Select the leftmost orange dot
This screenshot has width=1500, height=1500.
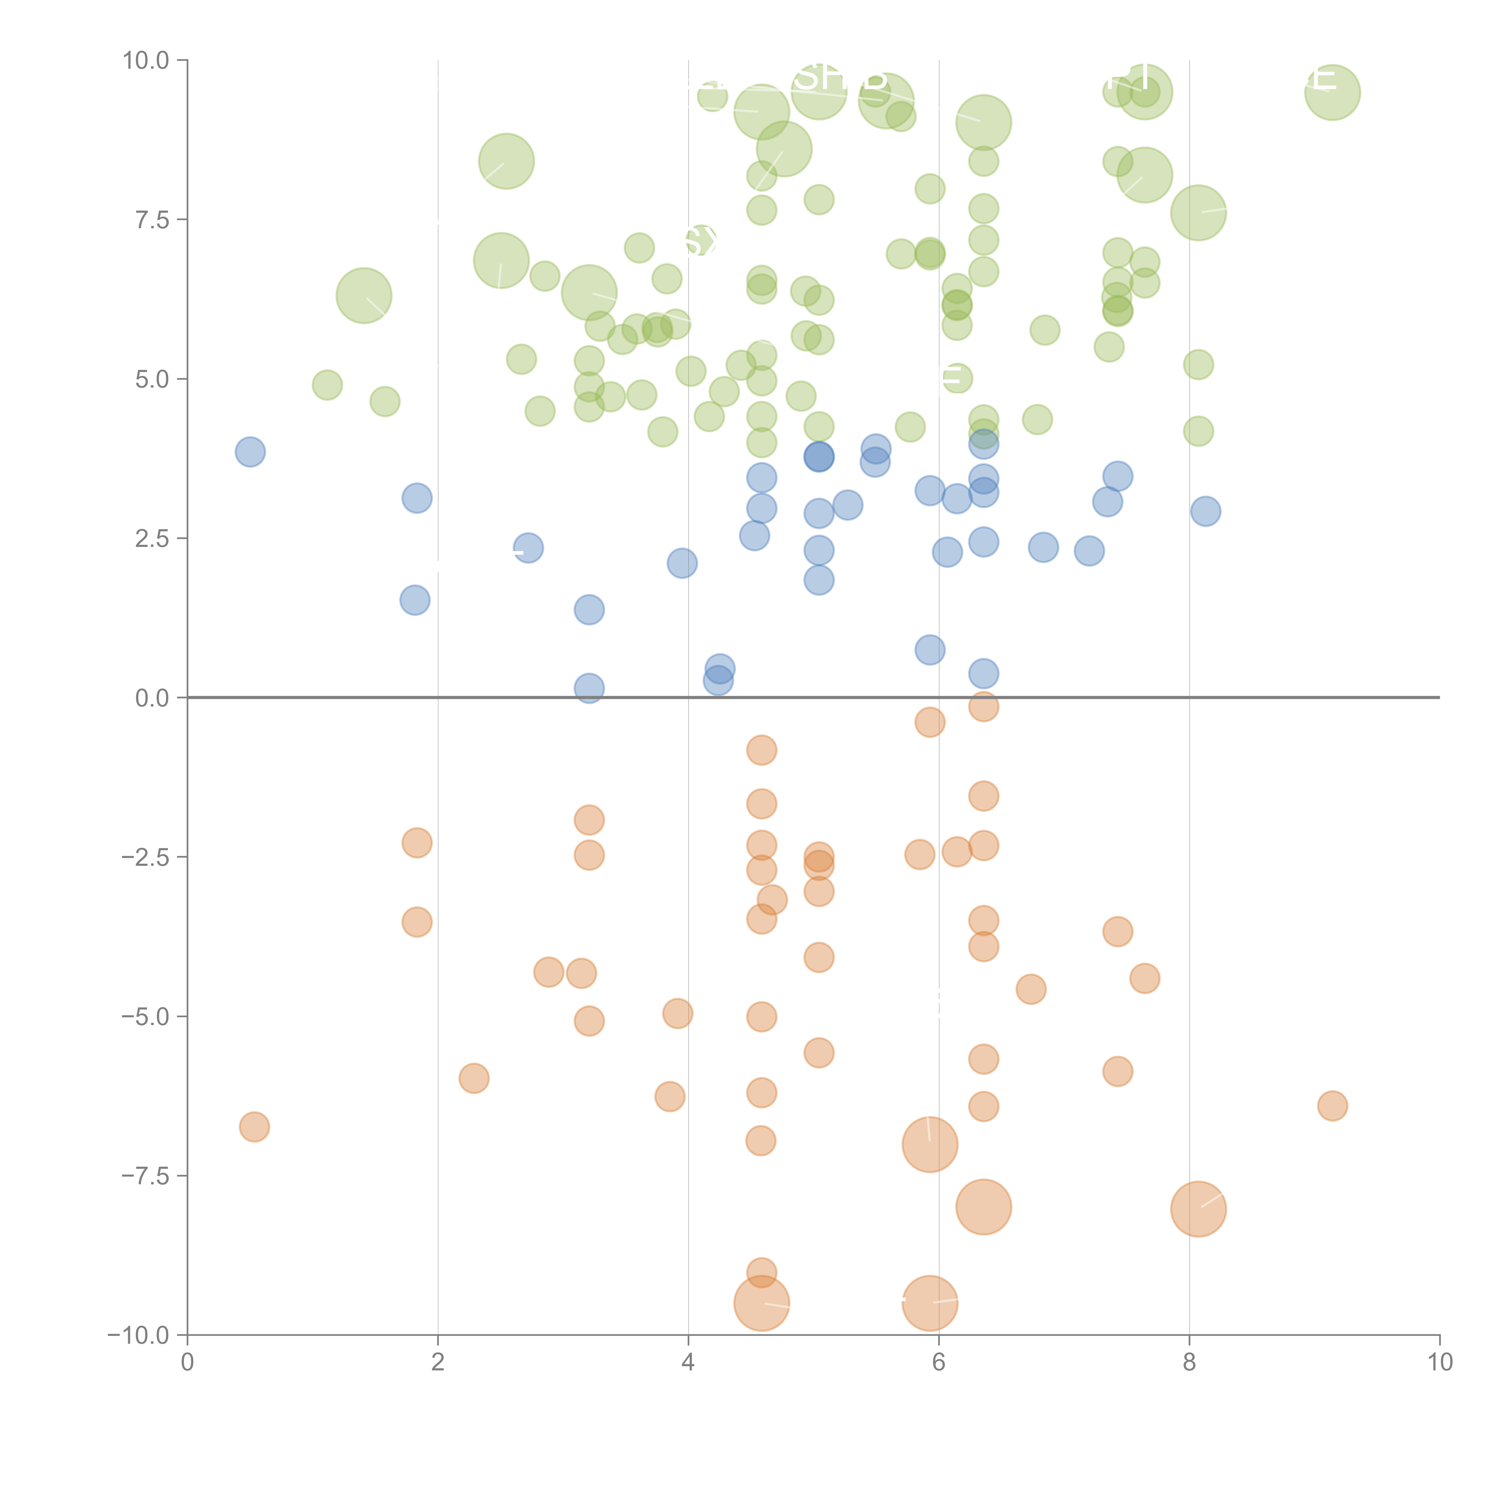(x=254, y=1126)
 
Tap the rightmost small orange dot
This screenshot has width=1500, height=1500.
(x=1332, y=1105)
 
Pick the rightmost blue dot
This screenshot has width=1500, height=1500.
(x=1205, y=511)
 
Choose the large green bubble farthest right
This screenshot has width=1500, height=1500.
(x=1332, y=92)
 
